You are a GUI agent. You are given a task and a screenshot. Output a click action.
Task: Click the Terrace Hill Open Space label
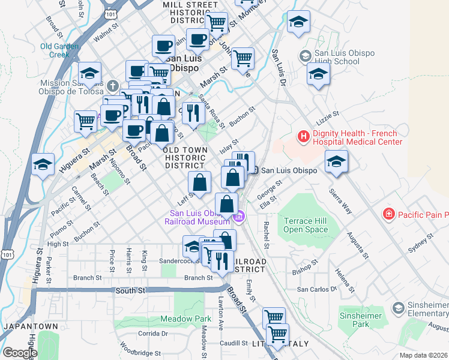pyautogui.click(x=306, y=225)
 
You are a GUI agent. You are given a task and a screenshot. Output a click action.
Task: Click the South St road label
pyautogui.click(x=135, y=290)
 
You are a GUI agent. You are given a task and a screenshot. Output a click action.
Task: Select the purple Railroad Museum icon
pyautogui.click(x=240, y=217)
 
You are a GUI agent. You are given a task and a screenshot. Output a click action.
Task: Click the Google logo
pyautogui.click(x=20, y=353)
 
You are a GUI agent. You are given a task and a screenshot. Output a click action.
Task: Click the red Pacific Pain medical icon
pyautogui.click(x=390, y=214)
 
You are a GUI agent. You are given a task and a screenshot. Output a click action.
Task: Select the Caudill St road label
pyautogui.click(x=234, y=343)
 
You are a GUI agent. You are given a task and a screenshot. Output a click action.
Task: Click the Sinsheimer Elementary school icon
pyautogui.click(x=397, y=308)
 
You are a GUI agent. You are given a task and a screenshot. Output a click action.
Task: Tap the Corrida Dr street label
pyautogui.click(x=152, y=334)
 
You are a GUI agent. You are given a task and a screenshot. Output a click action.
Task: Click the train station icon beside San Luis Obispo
pyautogui.click(x=255, y=170)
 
